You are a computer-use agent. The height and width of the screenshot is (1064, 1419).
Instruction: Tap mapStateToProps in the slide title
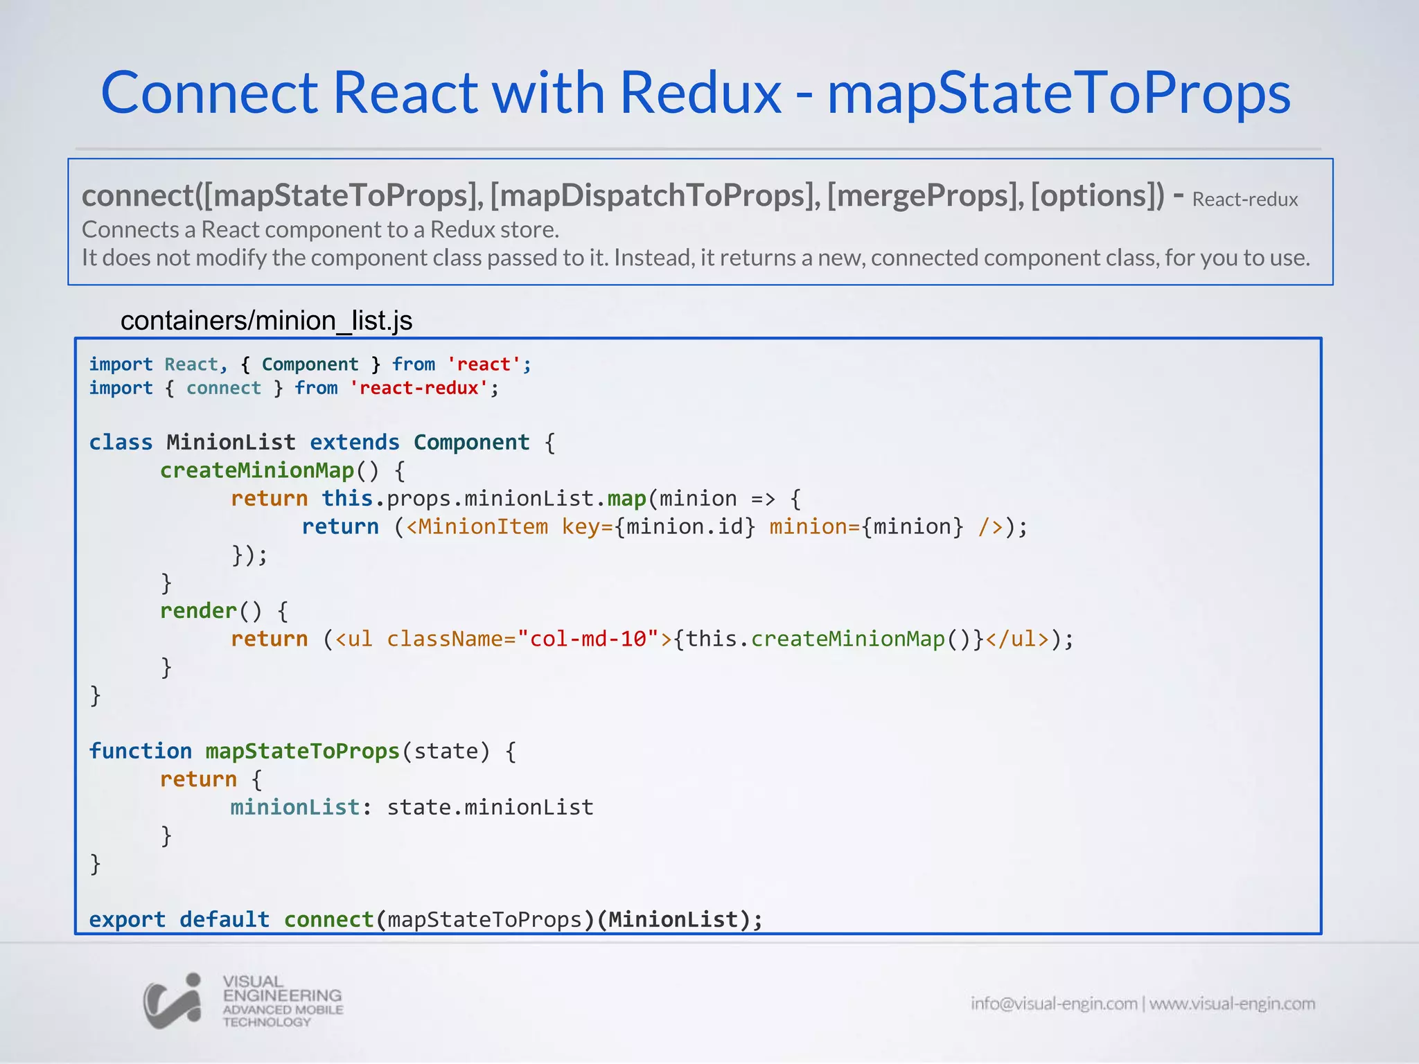[x=1059, y=94]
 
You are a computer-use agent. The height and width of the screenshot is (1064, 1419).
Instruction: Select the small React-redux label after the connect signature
[x=1244, y=199]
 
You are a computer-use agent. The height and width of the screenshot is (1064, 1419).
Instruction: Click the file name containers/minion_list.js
[x=266, y=321]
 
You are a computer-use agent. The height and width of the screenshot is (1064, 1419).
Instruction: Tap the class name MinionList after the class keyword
[x=231, y=442]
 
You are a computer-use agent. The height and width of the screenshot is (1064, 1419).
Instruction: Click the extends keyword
[x=354, y=442]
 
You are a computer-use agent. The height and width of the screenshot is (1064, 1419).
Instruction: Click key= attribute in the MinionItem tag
[x=587, y=526]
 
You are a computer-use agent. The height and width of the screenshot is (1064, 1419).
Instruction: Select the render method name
[x=198, y=610]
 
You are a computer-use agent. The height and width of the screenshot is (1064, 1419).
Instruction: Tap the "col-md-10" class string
[x=588, y=639]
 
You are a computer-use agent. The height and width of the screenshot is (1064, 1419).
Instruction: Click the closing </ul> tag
[x=1017, y=639]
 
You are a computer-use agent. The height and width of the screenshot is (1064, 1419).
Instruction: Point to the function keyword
[x=140, y=751]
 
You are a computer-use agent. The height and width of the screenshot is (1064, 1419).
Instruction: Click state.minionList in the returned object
[x=490, y=807]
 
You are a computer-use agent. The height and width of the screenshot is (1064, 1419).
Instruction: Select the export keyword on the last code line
[x=127, y=919]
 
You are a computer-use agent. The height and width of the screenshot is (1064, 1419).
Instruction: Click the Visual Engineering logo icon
[x=173, y=1001]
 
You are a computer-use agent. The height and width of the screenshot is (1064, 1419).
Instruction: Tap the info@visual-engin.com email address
[x=1053, y=1004]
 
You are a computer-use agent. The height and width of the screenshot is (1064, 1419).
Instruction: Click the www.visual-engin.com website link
[x=1232, y=1004]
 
